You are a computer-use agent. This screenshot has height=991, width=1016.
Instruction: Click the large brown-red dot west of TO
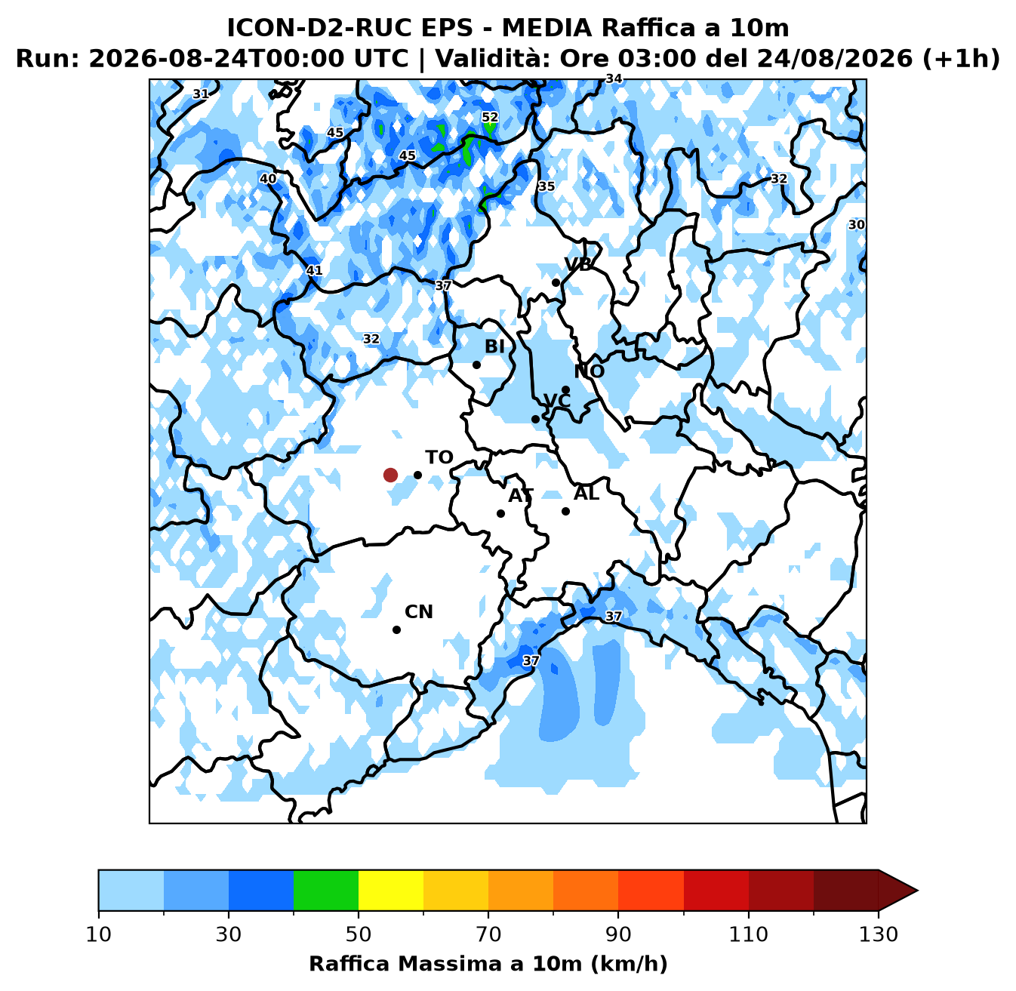[x=390, y=475]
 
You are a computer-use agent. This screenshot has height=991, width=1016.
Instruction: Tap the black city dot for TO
[x=417, y=475]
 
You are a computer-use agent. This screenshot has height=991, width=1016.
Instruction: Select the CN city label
[x=419, y=612]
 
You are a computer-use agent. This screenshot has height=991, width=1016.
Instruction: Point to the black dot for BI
[x=476, y=365]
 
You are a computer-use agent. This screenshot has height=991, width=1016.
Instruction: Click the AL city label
[x=587, y=494]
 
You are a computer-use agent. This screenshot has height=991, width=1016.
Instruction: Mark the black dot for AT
[x=500, y=514]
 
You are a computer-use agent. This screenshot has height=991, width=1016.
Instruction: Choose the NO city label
[x=590, y=371]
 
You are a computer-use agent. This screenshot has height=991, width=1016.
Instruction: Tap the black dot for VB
[x=556, y=283]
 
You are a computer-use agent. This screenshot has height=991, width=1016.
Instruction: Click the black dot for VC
[x=535, y=420]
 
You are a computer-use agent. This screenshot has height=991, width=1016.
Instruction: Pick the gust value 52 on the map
[x=490, y=118]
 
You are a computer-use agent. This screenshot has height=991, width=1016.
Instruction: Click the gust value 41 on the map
[x=314, y=270]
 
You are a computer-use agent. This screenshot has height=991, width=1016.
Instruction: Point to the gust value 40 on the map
[x=269, y=179]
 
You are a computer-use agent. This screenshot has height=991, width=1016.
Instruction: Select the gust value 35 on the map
[x=546, y=186]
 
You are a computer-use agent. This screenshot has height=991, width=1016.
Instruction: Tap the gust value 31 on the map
[x=201, y=94]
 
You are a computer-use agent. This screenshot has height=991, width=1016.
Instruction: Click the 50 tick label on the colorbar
[x=359, y=934]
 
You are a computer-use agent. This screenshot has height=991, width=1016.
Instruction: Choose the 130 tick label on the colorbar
[x=878, y=934]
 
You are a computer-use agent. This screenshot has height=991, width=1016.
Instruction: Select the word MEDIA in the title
[x=547, y=28]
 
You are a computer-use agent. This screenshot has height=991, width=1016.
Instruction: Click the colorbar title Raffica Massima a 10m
[x=445, y=964]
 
